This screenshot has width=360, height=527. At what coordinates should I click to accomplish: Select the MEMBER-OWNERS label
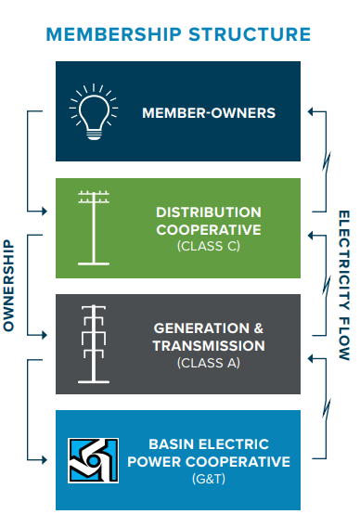point(209,113)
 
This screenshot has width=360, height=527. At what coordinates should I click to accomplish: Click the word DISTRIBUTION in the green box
point(208,212)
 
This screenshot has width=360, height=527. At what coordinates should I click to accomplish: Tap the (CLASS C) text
point(208,246)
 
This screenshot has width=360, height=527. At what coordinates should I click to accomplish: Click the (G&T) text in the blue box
point(208,478)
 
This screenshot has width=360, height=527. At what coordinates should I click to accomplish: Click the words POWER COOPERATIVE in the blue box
point(219,461)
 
